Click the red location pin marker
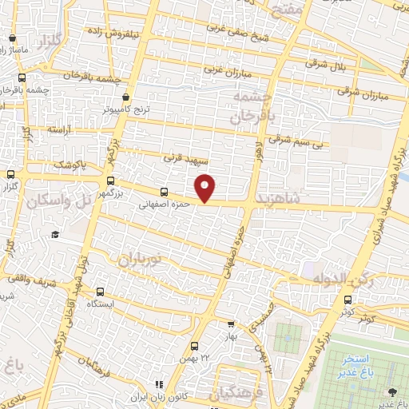(205, 188)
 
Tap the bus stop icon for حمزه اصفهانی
(164, 192)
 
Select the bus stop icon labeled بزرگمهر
(110, 181)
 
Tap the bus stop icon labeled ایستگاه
(100, 292)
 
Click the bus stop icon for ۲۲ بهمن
(194, 346)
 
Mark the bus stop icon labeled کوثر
(347, 300)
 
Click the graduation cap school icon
(55, 234)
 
